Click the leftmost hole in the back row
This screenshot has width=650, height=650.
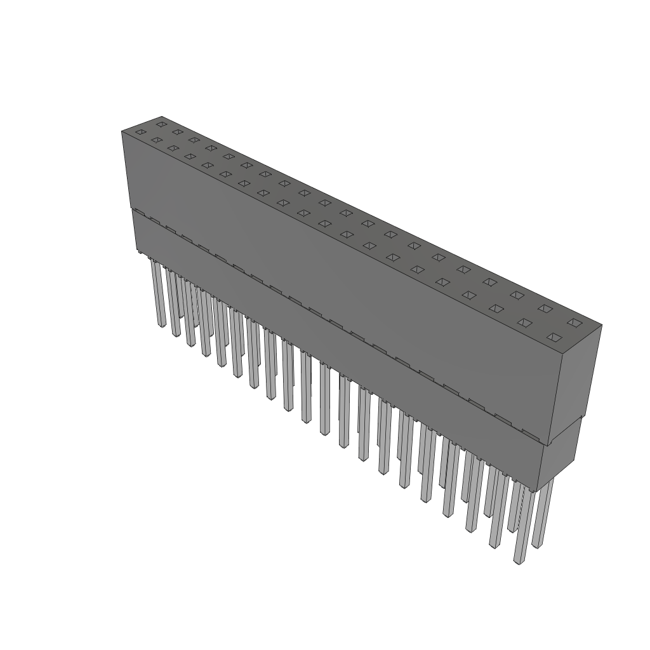pos(161,124)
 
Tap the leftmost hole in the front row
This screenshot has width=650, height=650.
pos(140,132)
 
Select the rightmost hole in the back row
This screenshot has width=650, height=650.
pos(574,322)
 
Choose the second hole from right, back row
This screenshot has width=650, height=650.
pos(545,308)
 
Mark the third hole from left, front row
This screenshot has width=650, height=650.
pos(172,148)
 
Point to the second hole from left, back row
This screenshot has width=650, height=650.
pos(178,132)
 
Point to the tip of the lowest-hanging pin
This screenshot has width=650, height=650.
pos(519,561)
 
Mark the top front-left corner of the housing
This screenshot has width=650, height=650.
pos(122,131)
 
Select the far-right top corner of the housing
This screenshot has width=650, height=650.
pos(601,326)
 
